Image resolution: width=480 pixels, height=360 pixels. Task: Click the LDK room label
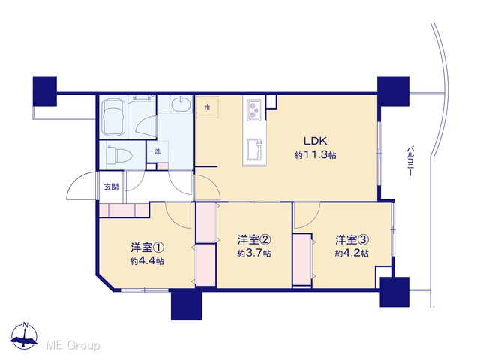point(315,141)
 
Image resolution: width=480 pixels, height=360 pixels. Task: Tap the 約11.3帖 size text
point(315,155)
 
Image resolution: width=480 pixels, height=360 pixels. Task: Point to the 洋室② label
point(254,240)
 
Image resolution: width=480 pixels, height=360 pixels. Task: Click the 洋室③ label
point(352,240)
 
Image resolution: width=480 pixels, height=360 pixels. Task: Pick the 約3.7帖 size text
point(254,253)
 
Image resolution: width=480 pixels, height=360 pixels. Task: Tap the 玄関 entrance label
point(111,187)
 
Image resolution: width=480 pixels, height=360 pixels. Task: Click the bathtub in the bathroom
point(113,117)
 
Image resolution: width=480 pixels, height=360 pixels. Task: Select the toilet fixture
point(118,155)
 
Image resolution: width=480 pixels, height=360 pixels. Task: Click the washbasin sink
point(181,104)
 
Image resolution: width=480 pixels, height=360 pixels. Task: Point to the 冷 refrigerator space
point(207,107)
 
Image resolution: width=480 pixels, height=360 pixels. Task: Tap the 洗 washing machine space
point(157,151)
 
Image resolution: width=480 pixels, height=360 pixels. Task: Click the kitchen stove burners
point(253,109)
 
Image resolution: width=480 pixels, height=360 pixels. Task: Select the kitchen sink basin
point(254,149)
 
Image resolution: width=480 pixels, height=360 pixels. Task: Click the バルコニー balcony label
point(410,161)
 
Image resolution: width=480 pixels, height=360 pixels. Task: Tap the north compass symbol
point(24,336)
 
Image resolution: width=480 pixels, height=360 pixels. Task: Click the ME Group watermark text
point(73,345)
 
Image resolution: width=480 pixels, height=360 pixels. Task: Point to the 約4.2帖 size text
point(352,253)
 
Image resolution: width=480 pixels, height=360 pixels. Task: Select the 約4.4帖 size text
point(147,261)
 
